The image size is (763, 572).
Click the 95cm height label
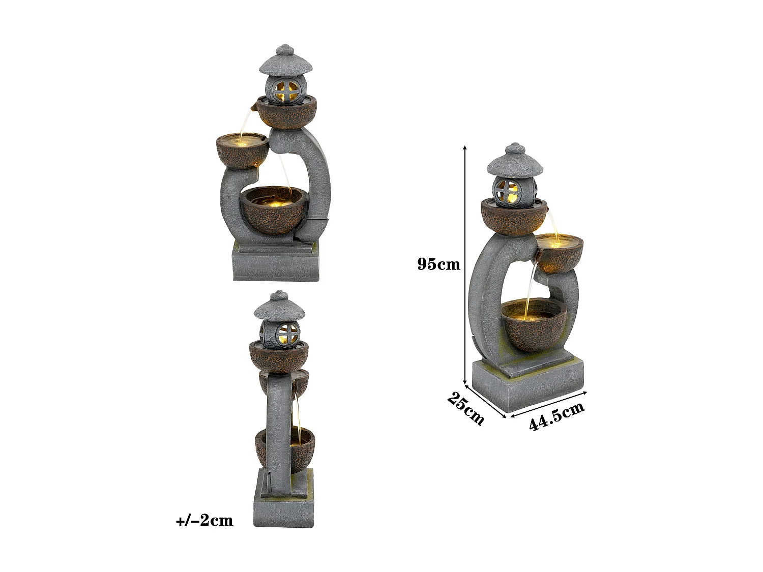[438, 264]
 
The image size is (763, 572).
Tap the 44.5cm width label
[556, 416]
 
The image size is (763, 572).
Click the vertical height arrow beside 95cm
[464, 264]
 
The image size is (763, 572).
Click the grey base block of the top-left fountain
[276, 264]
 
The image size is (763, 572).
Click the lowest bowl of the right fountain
[534, 325]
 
